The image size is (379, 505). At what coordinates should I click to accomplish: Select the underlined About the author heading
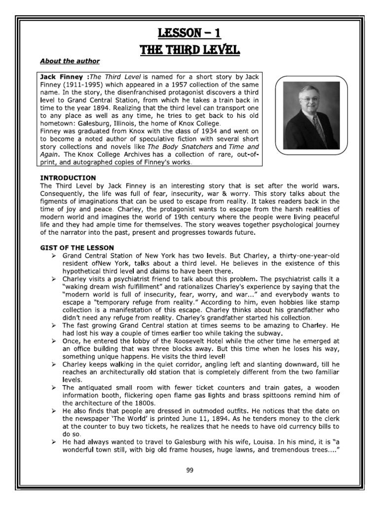70,61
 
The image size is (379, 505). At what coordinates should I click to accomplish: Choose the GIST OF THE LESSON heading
76,247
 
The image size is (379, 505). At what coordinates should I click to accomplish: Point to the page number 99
189,469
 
